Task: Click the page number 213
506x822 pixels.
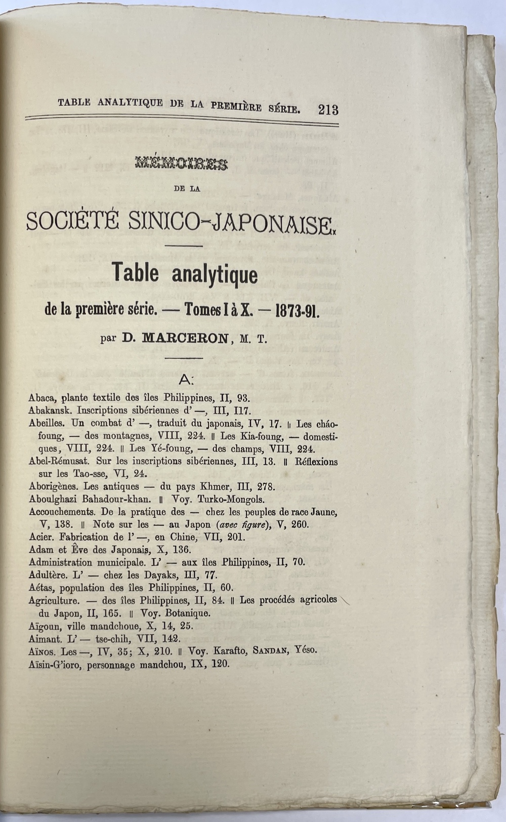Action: (x=328, y=110)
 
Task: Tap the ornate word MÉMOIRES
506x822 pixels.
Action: (x=182, y=163)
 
